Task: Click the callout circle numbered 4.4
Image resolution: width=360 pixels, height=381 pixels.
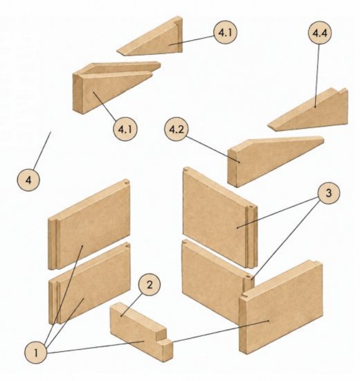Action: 319,33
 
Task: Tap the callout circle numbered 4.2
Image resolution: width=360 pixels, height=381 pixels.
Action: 177,130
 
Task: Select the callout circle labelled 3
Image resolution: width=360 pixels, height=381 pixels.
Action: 328,193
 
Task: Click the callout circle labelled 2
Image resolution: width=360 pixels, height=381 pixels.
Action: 149,285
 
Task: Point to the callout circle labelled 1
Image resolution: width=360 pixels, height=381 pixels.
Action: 36,353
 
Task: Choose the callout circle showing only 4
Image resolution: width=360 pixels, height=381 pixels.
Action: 28,180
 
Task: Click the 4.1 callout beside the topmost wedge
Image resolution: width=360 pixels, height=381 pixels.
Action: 225,33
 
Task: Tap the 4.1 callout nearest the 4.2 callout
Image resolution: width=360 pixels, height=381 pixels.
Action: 125,129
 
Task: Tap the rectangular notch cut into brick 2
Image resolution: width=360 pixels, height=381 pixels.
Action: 161,334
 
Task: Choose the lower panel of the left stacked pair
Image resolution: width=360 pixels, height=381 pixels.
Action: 90,283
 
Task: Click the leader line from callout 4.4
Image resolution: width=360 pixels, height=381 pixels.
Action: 317,76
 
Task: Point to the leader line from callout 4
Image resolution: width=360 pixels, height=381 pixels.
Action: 42,150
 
